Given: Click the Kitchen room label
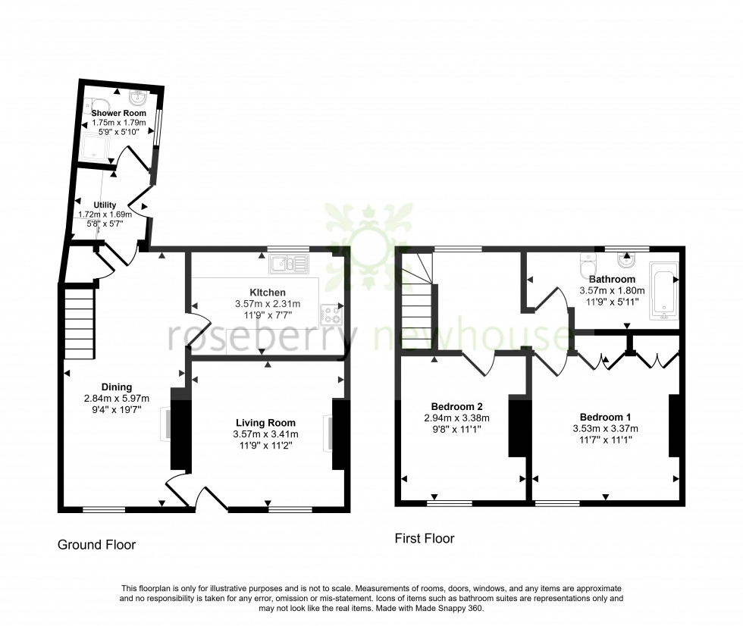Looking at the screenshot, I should (268, 293).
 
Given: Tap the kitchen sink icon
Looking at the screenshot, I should (289, 264).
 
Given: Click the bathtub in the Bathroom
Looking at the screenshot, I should (663, 290).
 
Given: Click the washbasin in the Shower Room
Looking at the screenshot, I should (139, 99).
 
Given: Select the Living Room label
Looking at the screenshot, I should (265, 423).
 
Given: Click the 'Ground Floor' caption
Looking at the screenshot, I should (97, 544).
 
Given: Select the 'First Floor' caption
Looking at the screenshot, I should (424, 539).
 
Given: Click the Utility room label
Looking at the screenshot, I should (105, 205).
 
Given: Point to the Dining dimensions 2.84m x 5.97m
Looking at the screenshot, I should (117, 399).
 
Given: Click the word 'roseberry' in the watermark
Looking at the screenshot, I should (258, 339).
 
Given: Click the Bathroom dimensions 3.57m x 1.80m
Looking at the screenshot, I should (611, 290).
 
